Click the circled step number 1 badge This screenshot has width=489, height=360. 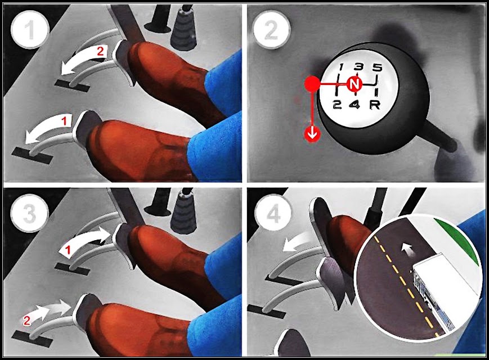[30, 30]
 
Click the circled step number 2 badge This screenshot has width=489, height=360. [271, 30]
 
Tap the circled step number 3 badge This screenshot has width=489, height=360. [30, 214]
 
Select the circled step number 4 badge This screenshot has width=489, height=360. [272, 214]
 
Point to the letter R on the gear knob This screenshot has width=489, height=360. [375, 105]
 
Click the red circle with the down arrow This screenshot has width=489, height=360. [312, 134]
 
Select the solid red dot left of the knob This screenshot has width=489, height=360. [312, 84]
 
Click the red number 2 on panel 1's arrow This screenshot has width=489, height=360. [100, 51]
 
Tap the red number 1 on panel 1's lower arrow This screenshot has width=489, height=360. [65, 121]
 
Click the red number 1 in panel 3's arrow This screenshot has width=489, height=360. [68, 250]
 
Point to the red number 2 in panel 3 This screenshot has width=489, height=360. [27, 321]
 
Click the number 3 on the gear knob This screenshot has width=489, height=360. [359, 66]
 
